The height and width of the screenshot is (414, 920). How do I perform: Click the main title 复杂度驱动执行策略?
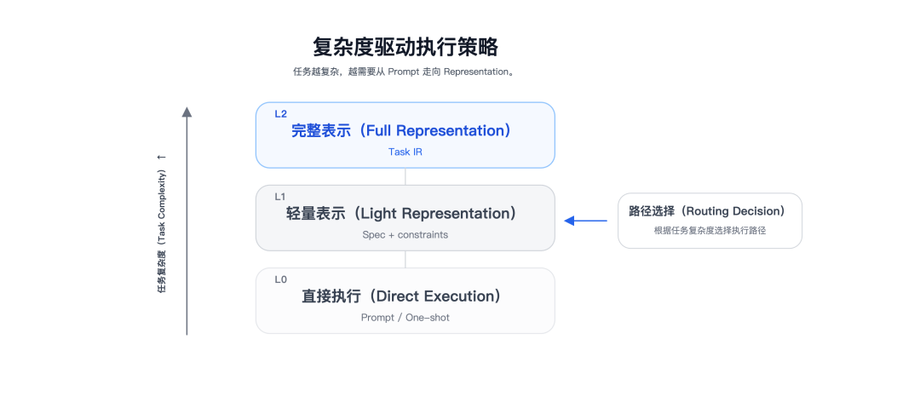point(405,47)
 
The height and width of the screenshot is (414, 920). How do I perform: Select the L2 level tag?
point(281,114)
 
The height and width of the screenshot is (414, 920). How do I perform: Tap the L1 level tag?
point(280,197)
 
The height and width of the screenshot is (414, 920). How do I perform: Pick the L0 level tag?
point(281,279)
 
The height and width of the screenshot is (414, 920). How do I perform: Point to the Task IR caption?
point(405,152)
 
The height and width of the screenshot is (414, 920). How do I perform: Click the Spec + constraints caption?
point(405,234)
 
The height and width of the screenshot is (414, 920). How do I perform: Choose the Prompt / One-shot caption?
point(405,317)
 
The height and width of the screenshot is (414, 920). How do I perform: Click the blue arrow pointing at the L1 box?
point(585,221)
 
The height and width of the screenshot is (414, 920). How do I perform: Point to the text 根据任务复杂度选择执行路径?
point(710,231)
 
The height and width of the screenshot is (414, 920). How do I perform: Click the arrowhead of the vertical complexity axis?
point(187,112)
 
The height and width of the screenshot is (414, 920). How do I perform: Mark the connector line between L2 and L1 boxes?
point(405,176)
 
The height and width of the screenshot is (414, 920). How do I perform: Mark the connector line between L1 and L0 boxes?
point(405,259)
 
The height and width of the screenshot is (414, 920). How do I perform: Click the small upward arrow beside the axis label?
point(162,158)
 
